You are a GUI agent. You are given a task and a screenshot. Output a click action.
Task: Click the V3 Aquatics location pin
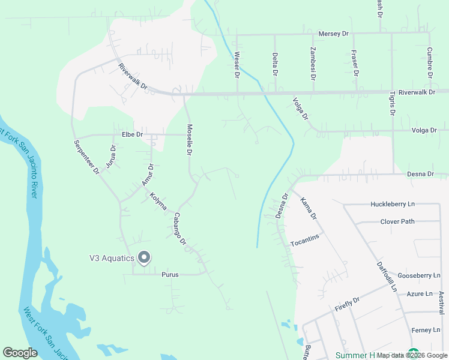click(144, 258)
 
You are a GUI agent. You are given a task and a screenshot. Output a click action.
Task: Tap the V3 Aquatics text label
click(112, 259)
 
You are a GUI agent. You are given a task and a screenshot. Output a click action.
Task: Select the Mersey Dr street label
click(334, 34)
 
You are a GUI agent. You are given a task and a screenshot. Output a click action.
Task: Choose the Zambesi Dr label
click(313, 64)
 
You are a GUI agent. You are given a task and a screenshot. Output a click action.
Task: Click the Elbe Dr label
click(131, 134)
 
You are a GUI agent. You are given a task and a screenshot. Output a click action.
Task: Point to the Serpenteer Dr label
click(86, 157)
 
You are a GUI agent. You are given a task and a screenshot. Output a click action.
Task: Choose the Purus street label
click(170, 274)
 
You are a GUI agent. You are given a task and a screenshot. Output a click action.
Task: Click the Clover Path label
click(397, 221)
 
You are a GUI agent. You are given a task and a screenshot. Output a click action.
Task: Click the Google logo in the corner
click(20, 353)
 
